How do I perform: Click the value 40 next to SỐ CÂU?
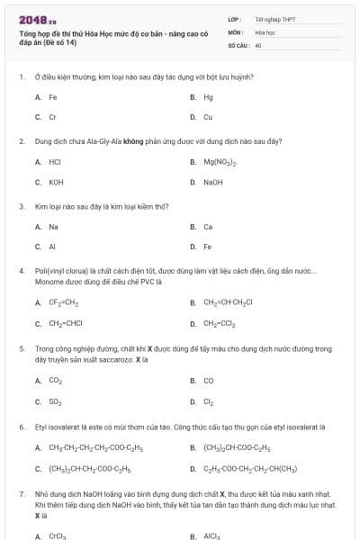[x=258, y=44]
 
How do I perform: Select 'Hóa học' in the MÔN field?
[x=264, y=31]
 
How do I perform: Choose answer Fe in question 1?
[x=53, y=96]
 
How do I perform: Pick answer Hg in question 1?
[x=208, y=96]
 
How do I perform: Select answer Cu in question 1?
[x=208, y=117]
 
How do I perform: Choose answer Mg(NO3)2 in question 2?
[x=220, y=162]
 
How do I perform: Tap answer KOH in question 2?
[x=56, y=183]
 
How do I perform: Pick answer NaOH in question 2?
[x=212, y=183]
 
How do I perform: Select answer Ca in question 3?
[x=208, y=227]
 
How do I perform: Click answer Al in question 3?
[x=52, y=247]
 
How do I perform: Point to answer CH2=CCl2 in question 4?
[x=220, y=323]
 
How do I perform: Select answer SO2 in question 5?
[x=56, y=401]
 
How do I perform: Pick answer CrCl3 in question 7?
[x=58, y=535]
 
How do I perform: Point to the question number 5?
[x=21, y=347]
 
